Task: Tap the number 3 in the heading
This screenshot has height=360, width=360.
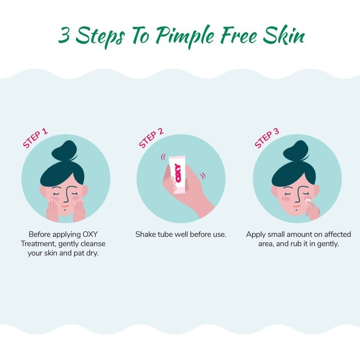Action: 64,35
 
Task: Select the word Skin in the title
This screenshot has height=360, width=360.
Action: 284,36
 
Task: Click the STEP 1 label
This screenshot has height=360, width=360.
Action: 35,138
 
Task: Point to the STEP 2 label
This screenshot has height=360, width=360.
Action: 151,138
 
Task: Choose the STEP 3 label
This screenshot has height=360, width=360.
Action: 267,138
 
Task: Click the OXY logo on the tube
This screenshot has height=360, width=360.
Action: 178,173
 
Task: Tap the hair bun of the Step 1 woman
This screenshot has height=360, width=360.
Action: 64,150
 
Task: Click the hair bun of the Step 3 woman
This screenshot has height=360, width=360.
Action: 296,150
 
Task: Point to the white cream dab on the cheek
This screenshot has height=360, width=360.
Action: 308,201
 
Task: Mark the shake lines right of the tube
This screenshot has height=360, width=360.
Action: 202,176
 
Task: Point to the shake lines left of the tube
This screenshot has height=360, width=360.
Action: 163,157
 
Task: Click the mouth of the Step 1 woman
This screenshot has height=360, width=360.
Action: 65,206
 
